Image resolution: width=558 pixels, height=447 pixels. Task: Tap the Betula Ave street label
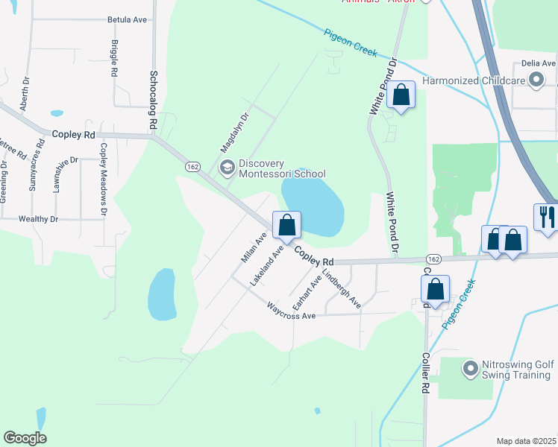pos(128,20)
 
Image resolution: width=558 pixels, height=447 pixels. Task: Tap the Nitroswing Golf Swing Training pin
pos(470,367)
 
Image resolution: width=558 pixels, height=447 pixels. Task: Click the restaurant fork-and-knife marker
pos(547,217)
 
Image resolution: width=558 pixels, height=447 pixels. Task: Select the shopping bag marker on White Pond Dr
pos(401,95)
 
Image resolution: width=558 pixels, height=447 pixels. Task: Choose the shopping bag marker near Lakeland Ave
pos(287,225)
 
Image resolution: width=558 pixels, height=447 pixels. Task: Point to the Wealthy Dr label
pos(39,219)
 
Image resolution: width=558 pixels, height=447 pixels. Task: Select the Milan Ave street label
pos(254,247)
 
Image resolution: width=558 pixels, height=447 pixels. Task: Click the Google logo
pos(25,438)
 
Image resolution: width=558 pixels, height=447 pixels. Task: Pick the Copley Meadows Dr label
pos(104,170)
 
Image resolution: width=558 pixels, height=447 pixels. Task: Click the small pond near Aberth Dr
pos(57,114)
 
